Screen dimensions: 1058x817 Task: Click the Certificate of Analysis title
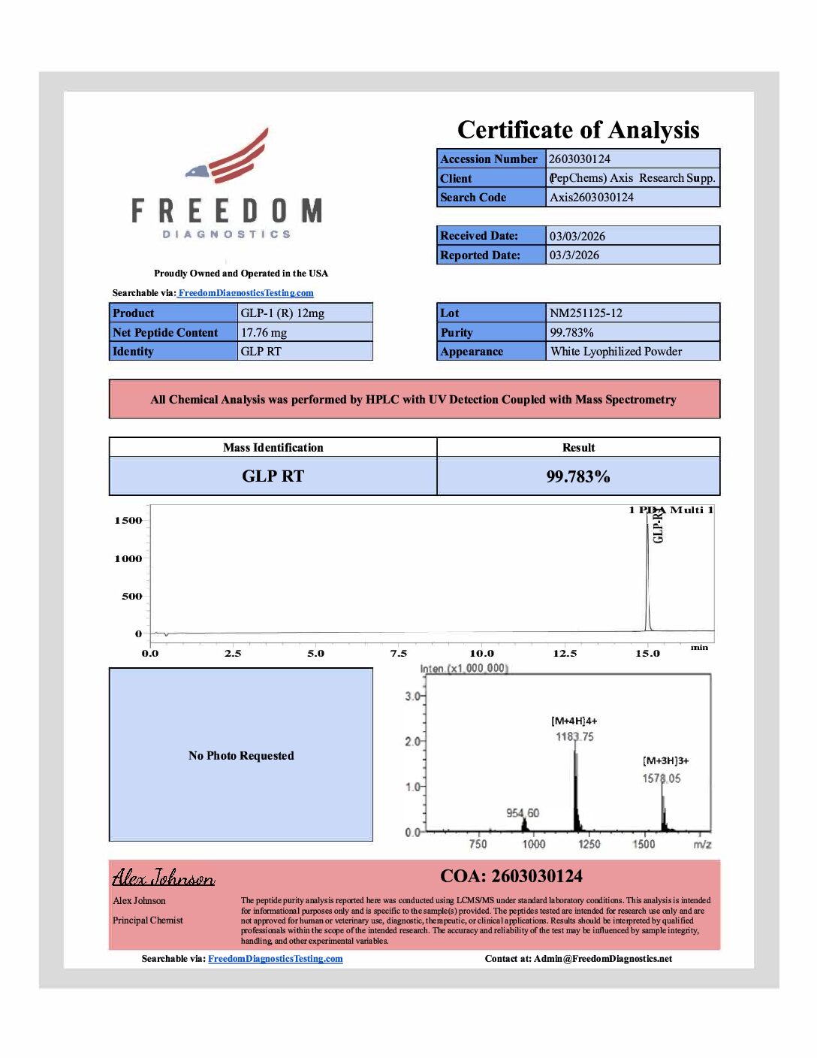(578, 130)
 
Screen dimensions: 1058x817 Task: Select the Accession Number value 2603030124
(580, 159)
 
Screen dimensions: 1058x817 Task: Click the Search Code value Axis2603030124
(592, 197)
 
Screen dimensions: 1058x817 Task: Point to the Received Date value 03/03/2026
(577, 236)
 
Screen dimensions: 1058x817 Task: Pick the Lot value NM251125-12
(586, 313)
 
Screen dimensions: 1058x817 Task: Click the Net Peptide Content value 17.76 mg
(264, 332)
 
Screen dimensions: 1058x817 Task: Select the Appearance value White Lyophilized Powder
(616, 351)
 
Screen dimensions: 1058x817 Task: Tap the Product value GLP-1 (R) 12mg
(282, 313)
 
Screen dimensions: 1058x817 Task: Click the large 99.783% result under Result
(578, 476)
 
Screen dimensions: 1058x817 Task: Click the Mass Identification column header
(273, 447)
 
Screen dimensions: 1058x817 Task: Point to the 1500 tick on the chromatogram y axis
(128, 520)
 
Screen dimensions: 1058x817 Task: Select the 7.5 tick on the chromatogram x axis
(398, 653)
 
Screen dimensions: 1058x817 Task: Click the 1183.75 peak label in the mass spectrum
(574, 736)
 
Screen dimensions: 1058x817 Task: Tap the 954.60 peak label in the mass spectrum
(523, 813)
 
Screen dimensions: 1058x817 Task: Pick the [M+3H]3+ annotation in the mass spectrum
(665, 760)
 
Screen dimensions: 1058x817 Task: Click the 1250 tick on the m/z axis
(589, 844)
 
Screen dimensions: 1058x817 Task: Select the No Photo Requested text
(241, 755)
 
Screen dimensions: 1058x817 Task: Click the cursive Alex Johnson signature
(164, 877)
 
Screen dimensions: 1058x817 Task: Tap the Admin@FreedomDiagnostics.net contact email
(603, 958)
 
